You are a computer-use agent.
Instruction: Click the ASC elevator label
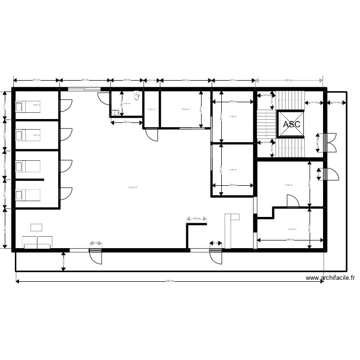point(291,124)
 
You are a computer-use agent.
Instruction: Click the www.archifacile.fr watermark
point(330,277)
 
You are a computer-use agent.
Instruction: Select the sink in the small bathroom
point(115,113)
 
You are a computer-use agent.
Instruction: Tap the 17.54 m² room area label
point(289,185)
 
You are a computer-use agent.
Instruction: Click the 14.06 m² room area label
point(291,229)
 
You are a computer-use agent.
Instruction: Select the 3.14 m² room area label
point(151,110)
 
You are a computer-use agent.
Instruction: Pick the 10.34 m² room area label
point(185,109)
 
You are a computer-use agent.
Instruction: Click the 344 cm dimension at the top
point(36,80)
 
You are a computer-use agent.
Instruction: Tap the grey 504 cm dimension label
point(289,80)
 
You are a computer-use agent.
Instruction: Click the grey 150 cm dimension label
point(197,219)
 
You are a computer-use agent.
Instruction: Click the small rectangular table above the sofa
point(36,227)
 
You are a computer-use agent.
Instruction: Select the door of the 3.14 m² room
point(152,135)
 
